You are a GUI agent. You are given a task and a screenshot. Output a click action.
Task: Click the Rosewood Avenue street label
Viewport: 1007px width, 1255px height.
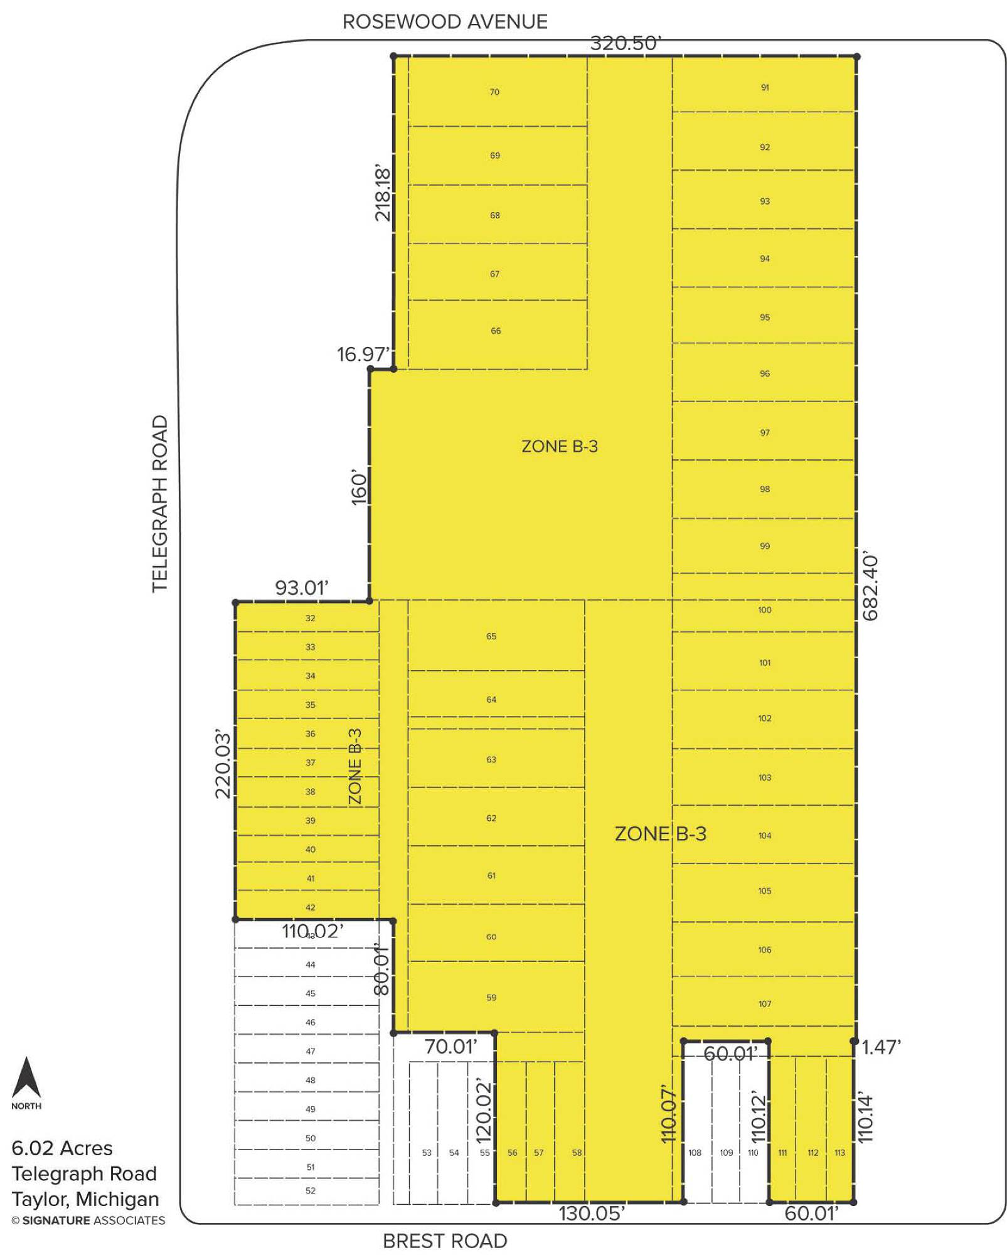[x=445, y=22]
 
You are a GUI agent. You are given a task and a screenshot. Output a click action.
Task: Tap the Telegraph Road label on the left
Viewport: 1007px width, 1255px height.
[x=160, y=503]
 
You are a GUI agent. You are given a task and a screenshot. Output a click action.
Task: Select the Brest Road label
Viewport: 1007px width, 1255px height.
[x=445, y=1241]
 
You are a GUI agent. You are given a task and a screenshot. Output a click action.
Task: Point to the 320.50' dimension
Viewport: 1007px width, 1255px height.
[x=626, y=43]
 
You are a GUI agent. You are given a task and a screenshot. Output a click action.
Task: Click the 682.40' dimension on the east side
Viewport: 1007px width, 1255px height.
[x=870, y=587]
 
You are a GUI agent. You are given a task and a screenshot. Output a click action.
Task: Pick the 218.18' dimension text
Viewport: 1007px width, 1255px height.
[x=382, y=194]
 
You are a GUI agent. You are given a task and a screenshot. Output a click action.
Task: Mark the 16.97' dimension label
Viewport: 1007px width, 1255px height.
[x=363, y=354]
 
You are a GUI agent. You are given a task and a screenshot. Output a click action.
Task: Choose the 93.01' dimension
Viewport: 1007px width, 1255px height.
[x=302, y=588]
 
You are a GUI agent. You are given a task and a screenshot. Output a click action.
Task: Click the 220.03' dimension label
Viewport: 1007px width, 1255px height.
[x=223, y=764]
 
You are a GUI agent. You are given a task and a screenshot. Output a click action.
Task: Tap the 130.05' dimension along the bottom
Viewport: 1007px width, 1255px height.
[x=592, y=1213]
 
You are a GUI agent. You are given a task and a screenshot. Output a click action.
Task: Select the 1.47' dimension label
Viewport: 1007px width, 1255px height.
[x=882, y=1047]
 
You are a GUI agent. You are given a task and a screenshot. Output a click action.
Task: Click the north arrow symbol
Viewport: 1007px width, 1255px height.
[x=26, y=1077]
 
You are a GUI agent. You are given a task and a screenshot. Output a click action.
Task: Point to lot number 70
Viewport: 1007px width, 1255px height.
[x=494, y=92]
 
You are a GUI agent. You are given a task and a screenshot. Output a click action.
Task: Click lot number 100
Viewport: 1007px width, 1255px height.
[x=764, y=610]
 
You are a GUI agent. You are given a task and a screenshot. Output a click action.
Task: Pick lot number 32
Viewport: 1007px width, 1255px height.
[x=311, y=618]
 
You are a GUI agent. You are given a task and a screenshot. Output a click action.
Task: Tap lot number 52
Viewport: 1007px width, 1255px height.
[x=311, y=1190]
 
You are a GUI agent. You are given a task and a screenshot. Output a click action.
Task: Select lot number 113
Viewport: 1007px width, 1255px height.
[x=839, y=1153]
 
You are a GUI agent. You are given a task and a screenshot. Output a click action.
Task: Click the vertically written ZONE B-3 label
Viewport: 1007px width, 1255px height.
[x=355, y=766]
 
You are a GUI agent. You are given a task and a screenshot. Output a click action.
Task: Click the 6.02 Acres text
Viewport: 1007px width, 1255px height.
[x=62, y=1148]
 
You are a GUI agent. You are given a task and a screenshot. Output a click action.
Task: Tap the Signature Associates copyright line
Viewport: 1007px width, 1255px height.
[x=88, y=1220]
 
